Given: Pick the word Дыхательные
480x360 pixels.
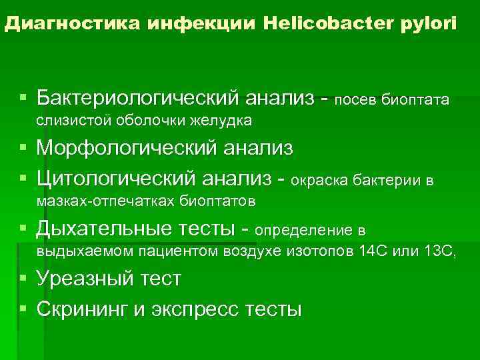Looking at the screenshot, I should pos(103,230).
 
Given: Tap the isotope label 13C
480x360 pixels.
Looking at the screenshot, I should pos(439,252).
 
